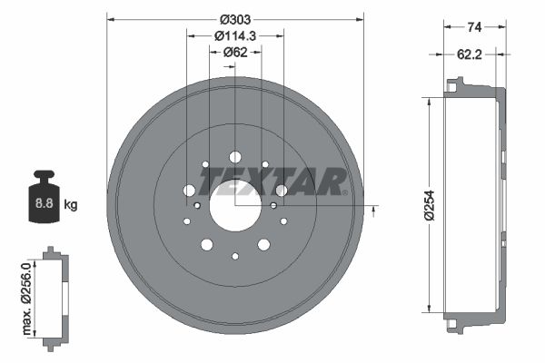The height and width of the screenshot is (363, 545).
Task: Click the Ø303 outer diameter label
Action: click(235, 19)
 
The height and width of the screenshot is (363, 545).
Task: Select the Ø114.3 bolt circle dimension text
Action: click(235, 35)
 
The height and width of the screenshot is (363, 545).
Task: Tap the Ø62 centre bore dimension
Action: click(235, 52)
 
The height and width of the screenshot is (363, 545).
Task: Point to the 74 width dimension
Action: click(474, 26)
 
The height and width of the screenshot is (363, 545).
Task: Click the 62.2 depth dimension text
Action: click(470, 54)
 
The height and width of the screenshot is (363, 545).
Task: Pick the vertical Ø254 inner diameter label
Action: click(430, 205)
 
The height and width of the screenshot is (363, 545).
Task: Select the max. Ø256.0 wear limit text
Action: click(26, 299)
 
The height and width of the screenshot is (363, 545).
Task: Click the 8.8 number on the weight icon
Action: click(45, 203)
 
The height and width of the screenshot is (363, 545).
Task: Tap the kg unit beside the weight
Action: click(71, 204)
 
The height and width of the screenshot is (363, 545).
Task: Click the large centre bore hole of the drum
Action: click(235, 206)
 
